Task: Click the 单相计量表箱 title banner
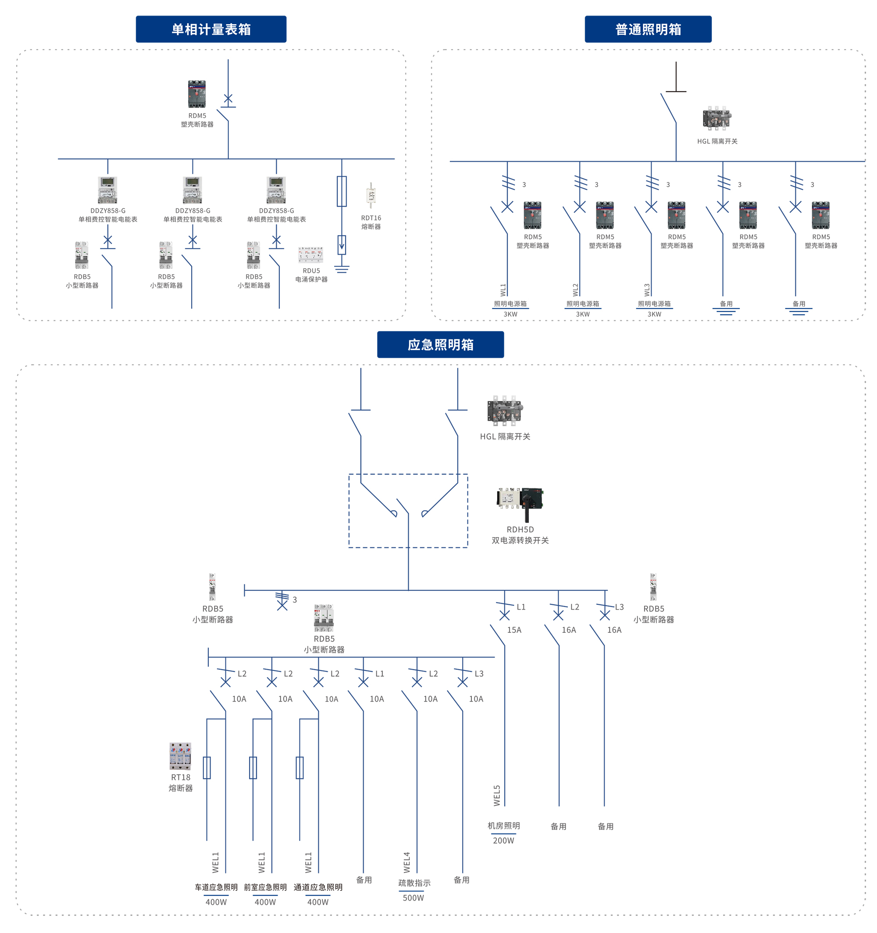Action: tap(211, 29)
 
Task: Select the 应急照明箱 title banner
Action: tap(440, 344)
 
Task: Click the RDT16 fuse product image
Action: tap(371, 195)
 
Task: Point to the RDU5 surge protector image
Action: tap(310, 254)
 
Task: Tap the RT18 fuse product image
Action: tap(180, 756)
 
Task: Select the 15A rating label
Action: tap(513, 630)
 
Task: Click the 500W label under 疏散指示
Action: tap(413, 898)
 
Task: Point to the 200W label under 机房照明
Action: tap(503, 841)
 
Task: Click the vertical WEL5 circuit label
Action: tap(497, 795)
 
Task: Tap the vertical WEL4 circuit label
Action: tap(406, 862)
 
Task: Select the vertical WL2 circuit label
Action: tap(575, 290)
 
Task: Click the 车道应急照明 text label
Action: tap(216, 887)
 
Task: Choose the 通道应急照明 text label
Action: tap(318, 887)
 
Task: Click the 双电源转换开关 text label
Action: tap(520, 540)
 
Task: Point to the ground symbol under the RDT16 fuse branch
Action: tap(341, 269)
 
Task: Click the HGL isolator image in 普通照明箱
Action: tap(717, 118)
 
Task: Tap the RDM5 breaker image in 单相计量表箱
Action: tap(197, 94)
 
